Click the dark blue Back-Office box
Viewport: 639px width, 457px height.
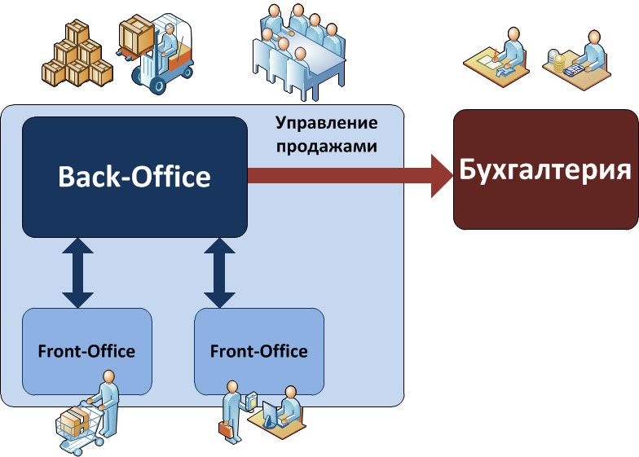tap(134, 177)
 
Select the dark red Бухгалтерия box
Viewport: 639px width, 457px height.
tap(545, 169)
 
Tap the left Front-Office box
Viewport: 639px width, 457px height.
tap(86, 351)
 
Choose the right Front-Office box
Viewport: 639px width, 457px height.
tap(259, 351)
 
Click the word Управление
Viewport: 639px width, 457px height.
tap(326, 125)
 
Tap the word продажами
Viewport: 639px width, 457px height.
tap(326, 147)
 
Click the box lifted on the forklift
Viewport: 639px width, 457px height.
tap(135, 36)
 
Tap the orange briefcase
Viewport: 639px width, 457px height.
tap(225, 426)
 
